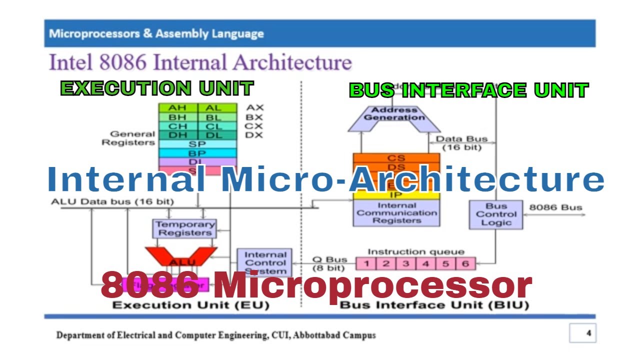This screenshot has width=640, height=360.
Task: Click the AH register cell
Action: coord(178,107)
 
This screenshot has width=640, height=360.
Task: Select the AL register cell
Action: coord(217,107)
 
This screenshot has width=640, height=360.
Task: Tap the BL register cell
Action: coord(217,117)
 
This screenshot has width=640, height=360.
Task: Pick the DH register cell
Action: coord(178,135)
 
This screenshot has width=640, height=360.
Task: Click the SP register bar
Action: coord(197,144)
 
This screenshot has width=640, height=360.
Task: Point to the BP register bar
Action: coord(197,153)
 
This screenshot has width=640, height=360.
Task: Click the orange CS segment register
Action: coord(396,158)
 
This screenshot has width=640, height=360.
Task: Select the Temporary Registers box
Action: coord(184,228)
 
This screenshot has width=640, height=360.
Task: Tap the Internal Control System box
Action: coord(265,262)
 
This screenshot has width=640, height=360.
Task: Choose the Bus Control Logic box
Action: coord(496,214)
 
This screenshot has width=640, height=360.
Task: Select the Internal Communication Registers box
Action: coord(396,213)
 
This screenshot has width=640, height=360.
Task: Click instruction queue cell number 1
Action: coord(366,263)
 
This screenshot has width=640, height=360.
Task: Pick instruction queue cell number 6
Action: coord(465,263)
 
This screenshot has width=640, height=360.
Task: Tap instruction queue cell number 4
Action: coord(425,263)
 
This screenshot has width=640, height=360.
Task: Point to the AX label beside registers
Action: coord(254,107)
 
